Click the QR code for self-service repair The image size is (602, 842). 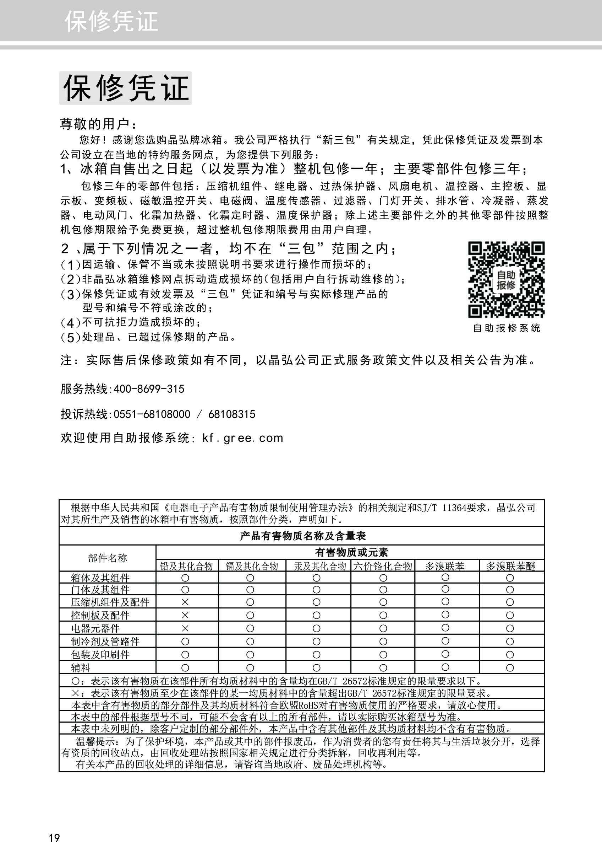(506, 279)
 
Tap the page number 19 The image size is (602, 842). (54, 827)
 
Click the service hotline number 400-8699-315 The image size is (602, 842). (149, 389)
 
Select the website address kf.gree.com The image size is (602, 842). (242, 438)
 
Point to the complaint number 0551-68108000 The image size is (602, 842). (152, 414)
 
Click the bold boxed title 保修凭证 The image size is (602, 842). (125, 88)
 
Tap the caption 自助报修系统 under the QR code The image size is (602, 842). (507, 328)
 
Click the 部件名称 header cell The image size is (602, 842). (108, 558)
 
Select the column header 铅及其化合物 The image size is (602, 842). (186, 566)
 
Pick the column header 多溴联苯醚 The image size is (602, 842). (511, 566)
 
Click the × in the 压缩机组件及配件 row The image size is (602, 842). (185, 601)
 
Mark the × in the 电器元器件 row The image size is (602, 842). (185, 628)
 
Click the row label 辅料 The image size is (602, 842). (81, 667)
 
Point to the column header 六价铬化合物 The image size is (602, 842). (383, 566)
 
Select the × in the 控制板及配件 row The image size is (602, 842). (185, 615)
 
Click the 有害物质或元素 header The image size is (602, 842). (351, 553)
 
